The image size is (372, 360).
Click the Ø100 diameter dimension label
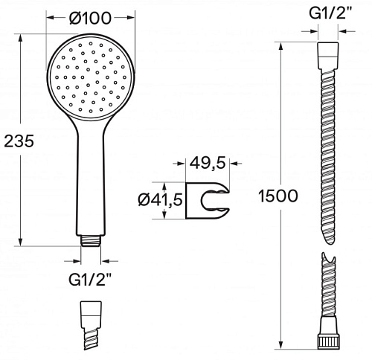point(90,18)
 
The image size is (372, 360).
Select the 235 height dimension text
point(19,141)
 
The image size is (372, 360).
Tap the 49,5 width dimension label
point(208,163)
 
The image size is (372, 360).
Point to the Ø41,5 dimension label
point(161,200)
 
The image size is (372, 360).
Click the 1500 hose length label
point(278,196)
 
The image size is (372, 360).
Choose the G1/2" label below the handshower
point(90,280)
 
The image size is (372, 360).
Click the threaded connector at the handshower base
point(91,240)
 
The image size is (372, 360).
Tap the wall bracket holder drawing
point(208,201)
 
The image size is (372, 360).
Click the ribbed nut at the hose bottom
point(328,341)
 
